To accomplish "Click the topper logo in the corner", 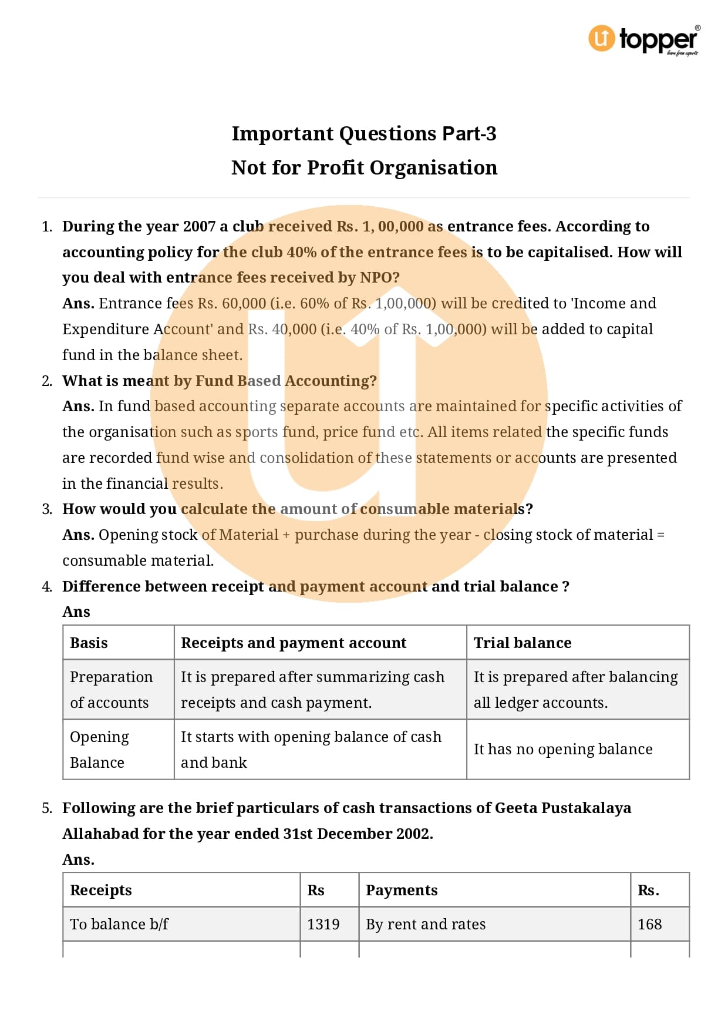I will [644, 39].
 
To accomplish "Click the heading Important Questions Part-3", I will [364, 134].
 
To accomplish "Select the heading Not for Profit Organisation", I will [364, 168].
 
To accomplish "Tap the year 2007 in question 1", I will [199, 227].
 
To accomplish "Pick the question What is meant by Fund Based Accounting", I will [220, 381].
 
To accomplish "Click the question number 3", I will [47, 509].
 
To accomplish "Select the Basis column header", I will [89, 643].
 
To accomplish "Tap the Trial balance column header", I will [523, 643].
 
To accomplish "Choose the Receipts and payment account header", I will [294, 643].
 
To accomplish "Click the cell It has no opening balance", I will [563, 750].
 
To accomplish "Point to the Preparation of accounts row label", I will [111, 690].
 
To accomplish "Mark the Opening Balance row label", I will [99, 750].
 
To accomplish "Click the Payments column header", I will [402, 891].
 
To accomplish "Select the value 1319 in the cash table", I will [323, 925].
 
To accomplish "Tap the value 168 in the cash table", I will [649, 925].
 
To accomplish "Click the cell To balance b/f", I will [119, 925].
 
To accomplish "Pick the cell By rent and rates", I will [426, 925].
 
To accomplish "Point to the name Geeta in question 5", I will [515, 808].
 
